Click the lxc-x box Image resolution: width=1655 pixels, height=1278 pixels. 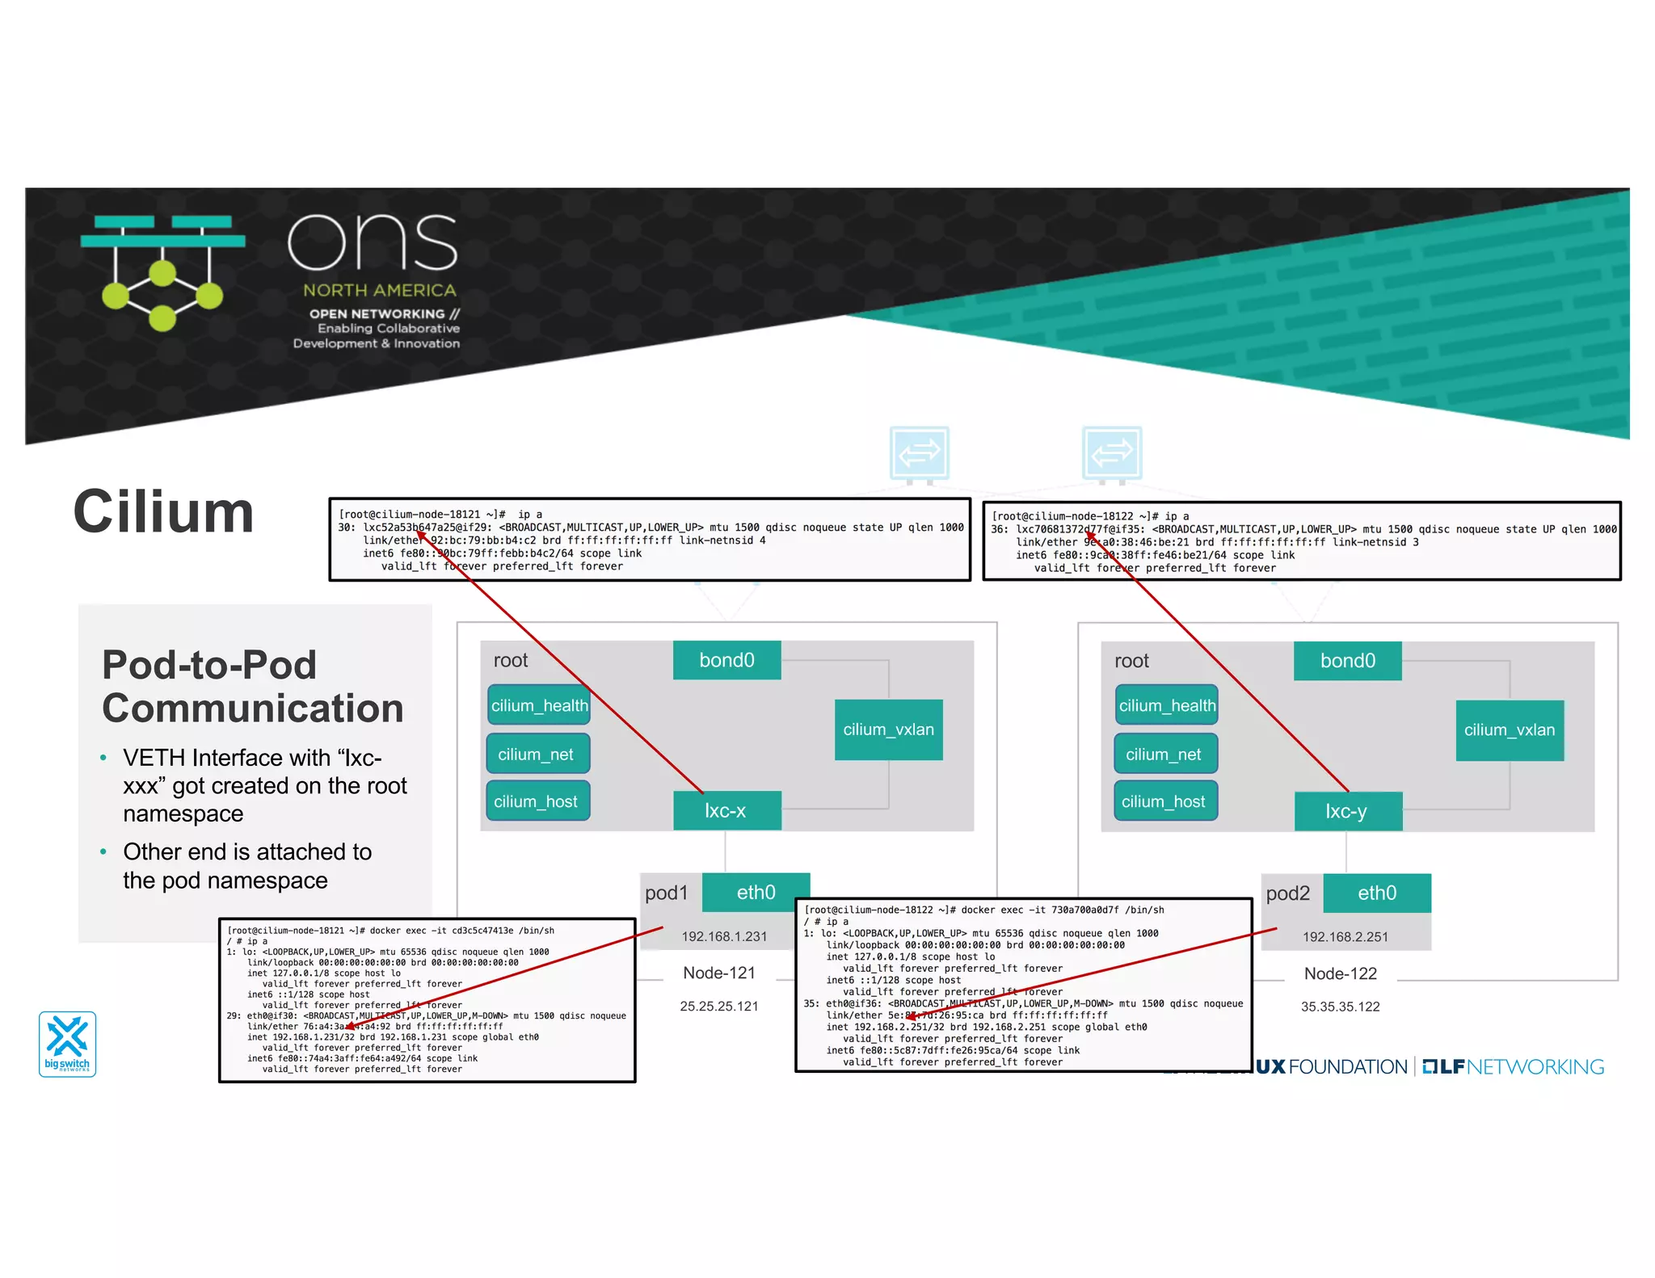726,810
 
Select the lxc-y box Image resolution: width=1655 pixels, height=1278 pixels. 1347,811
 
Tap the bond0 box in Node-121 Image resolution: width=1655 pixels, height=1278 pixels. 726,660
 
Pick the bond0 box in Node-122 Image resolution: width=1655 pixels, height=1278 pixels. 1347,661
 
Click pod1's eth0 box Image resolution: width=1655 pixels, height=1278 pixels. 756,892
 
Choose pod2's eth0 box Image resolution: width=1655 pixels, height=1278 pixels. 1376,893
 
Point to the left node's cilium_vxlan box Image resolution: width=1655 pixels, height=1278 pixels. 888,729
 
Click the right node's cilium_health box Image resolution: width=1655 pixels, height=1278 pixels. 1166,705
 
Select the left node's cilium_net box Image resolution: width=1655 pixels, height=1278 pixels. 537,754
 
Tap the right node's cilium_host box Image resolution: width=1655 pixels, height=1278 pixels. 1164,801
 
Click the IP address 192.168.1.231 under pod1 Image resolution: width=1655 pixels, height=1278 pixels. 724,936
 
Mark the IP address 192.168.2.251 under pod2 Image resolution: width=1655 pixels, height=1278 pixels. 1345,937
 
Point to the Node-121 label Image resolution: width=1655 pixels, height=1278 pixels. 718,973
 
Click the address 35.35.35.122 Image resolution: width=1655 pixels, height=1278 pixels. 1340,1007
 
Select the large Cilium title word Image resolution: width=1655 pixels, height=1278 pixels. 164,512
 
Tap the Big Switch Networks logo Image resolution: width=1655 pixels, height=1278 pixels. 68,1044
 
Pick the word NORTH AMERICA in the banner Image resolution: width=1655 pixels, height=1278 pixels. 379,290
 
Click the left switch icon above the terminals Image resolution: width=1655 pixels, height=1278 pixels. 919,454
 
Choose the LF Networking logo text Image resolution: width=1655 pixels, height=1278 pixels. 1513,1066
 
